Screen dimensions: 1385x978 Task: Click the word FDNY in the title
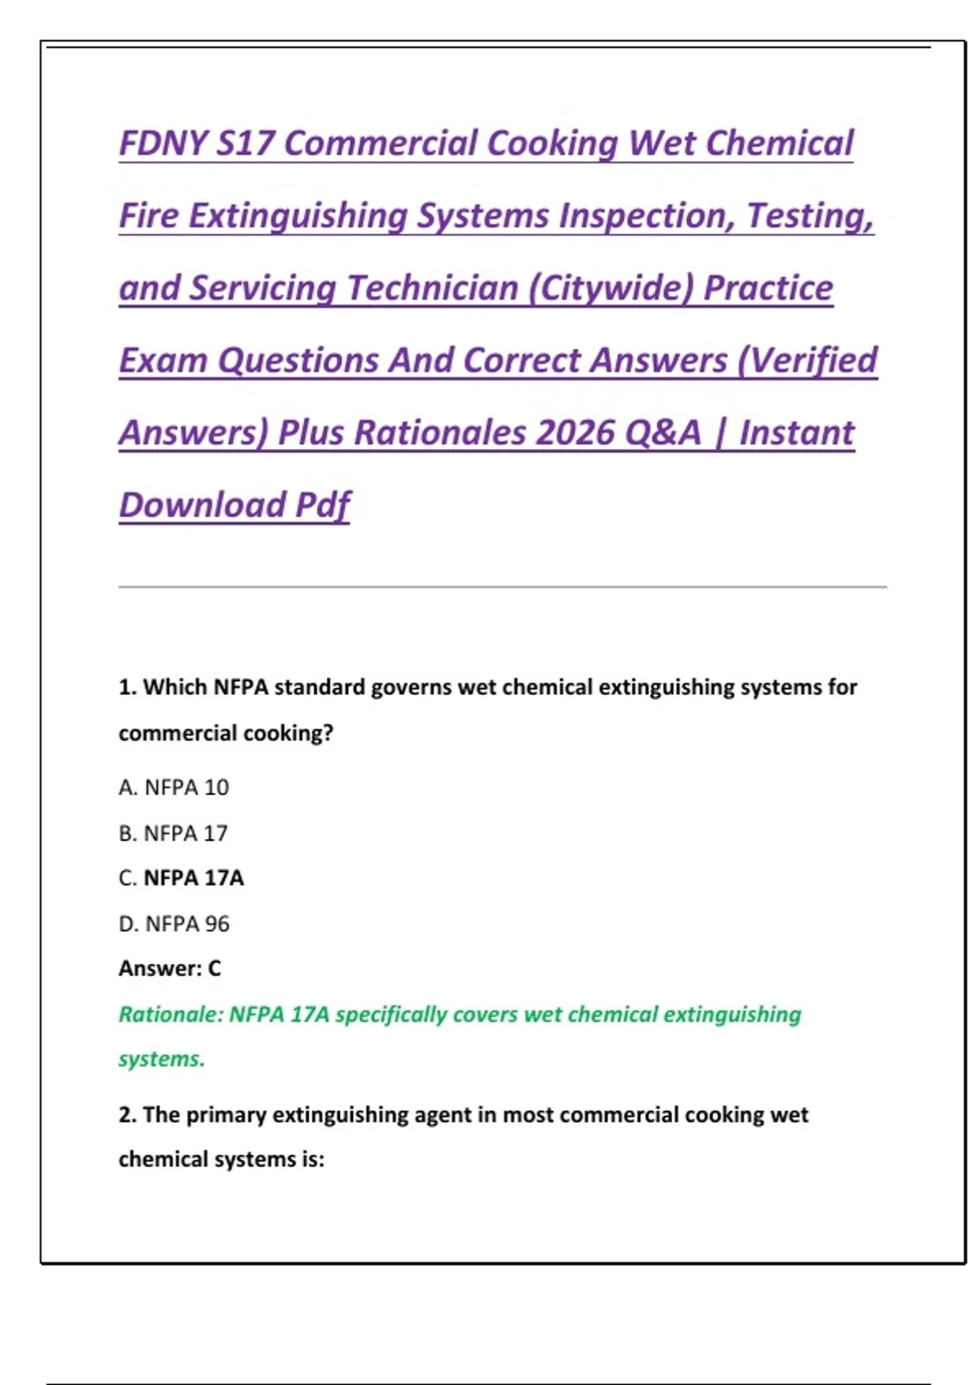point(163,143)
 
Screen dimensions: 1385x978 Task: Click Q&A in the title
point(662,433)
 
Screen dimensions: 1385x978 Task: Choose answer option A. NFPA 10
point(174,788)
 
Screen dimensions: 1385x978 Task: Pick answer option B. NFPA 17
point(173,833)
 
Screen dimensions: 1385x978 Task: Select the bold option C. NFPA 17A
point(181,878)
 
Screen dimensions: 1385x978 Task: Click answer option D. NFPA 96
point(174,924)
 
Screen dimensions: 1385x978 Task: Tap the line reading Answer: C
point(170,969)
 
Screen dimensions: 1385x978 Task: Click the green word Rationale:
point(170,1015)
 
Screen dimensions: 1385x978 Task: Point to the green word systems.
point(161,1059)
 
